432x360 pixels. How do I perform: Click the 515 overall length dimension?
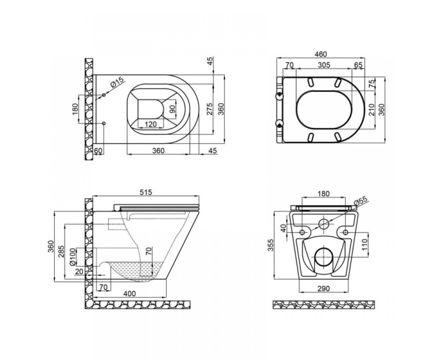pos(146,192)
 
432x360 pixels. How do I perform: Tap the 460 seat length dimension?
pos(321,54)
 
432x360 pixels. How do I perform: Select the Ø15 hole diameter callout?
pos(117,82)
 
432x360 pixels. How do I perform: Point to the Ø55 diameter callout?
pos(360,201)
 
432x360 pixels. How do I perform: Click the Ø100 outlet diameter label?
pos(72,257)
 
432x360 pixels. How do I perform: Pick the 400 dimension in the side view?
pos(130,294)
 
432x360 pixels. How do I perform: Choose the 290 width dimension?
pos(323,288)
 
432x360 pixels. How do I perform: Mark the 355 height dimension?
pos(270,245)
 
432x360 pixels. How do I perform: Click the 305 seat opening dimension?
pos(324,65)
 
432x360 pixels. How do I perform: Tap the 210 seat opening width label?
pos(372,110)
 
